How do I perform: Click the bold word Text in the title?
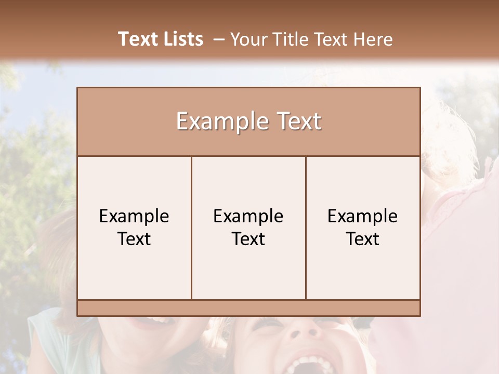(137, 39)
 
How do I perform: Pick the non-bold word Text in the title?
(331, 39)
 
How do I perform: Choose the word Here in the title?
(373, 39)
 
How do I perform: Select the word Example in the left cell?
(134, 216)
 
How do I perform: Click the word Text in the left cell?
(134, 239)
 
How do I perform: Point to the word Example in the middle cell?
(248, 216)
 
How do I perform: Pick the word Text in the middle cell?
(248, 239)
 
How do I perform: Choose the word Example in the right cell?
(363, 216)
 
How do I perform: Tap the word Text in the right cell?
(363, 239)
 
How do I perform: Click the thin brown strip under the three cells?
(248, 308)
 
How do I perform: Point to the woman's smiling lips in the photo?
(153, 323)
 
